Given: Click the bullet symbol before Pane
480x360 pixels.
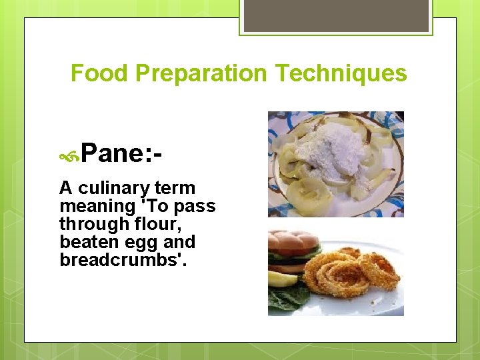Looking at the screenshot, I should (69, 157).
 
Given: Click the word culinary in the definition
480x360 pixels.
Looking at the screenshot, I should (113, 189).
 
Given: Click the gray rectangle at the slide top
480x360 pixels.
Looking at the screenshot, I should (336, 15).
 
